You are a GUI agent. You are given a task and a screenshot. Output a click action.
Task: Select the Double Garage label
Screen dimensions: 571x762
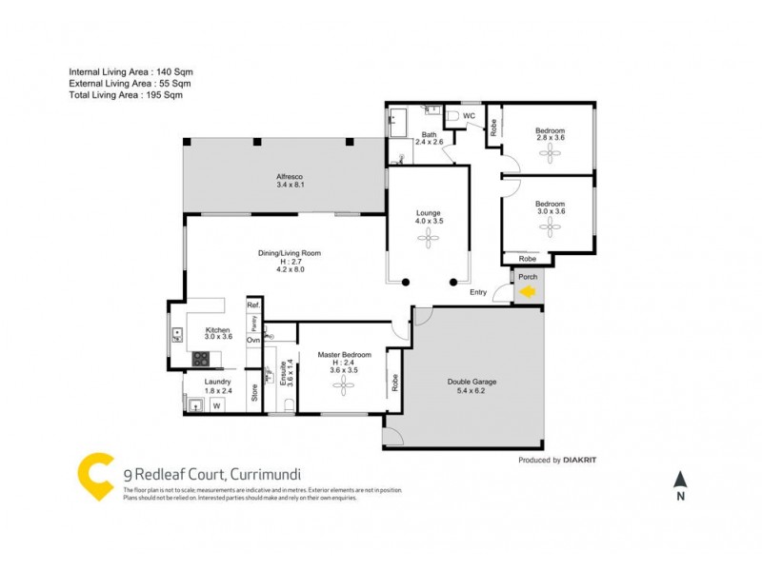[x=471, y=383]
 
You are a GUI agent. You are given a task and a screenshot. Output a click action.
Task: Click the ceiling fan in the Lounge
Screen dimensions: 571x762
[x=428, y=239]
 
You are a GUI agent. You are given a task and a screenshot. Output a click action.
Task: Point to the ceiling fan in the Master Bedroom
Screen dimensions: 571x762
[x=343, y=385]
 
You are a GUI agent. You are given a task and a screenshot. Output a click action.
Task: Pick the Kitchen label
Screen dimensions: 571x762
[x=218, y=330]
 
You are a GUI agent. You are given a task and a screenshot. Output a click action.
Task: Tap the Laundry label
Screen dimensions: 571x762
[x=218, y=384]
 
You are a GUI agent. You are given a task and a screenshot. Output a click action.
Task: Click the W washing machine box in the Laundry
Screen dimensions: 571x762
[x=216, y=406]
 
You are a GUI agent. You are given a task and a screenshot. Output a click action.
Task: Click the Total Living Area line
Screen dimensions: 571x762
[x=125, y=96]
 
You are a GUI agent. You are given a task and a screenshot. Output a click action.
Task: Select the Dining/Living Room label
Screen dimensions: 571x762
[x=289, y=253]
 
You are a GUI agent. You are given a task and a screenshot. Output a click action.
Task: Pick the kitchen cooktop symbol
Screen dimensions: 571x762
[x=201, y=359]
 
